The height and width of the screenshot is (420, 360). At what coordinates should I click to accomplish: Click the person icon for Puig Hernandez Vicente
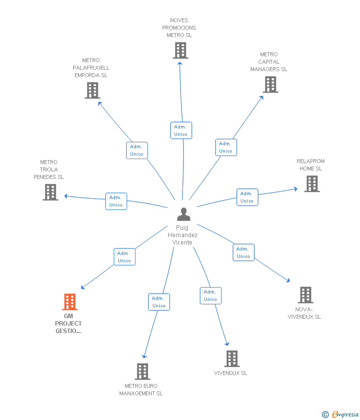pos(183,214)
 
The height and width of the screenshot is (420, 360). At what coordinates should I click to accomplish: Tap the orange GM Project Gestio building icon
pos(70,301)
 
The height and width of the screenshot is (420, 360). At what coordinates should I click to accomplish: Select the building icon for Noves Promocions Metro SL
pos(180,50)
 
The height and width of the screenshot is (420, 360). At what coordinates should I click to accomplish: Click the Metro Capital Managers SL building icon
pos(270,84)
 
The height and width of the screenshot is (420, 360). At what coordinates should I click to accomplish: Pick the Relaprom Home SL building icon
pos(312,184)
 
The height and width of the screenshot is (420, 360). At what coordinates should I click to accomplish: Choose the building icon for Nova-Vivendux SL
pos(305,295)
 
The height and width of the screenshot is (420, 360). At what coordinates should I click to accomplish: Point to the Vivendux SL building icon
pos(231,359)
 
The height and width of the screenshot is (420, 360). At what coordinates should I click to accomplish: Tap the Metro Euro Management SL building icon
pos(142,372)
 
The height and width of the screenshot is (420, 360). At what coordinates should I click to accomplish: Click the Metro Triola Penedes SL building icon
pos(50,192)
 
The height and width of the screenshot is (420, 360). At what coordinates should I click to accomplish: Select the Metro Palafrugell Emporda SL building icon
pos(92,90)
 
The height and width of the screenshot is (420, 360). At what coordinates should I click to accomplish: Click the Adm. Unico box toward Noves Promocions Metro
pos(180,130)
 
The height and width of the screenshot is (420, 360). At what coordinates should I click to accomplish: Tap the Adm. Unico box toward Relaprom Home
pos(247,197)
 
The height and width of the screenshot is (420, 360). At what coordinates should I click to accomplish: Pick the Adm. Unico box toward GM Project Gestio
pos(124,257)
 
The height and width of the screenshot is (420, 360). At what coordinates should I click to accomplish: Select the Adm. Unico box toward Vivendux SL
pos(210,295)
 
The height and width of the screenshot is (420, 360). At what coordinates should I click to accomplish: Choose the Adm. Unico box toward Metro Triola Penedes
pos(116,201)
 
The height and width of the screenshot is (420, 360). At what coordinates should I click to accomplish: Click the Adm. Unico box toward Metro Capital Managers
pos(225,147)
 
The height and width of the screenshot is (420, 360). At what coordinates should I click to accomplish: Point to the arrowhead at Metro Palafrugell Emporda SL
pos(100,103)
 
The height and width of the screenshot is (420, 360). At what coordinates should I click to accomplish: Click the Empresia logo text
pos(345,415)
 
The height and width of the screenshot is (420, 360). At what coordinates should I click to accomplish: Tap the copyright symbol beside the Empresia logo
pos(325,415)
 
